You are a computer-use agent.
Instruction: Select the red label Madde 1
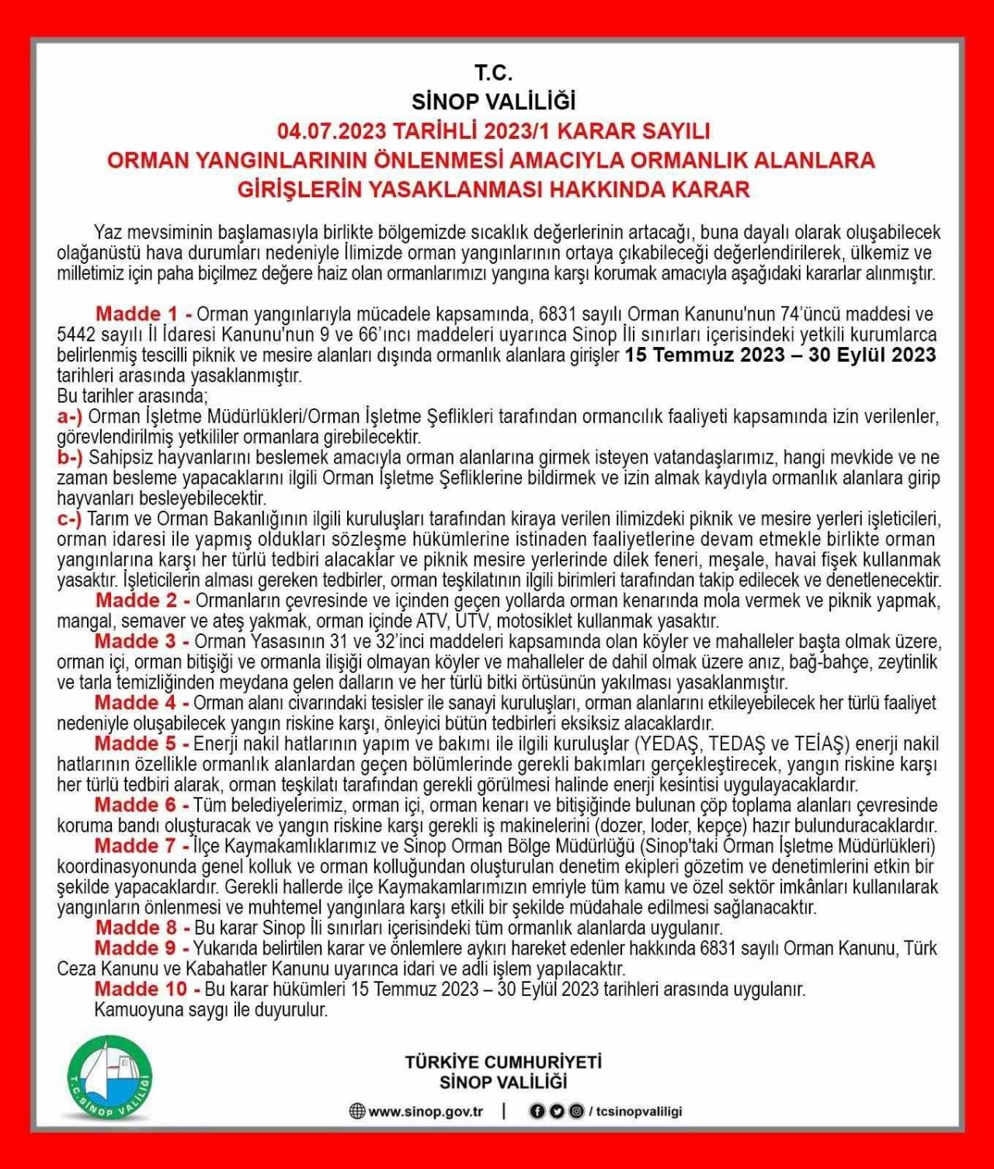(144, 314)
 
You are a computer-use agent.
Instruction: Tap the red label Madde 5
(143, 744)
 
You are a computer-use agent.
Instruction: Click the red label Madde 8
(143, 928)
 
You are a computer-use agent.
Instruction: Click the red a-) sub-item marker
(70, 416)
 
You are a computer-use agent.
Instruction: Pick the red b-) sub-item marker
(70, 457)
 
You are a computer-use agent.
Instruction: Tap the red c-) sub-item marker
(69, 519)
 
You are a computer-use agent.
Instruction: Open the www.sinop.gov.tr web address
(426, 1112)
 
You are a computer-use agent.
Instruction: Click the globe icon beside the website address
(356, 1112)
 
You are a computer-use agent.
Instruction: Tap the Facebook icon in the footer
(536, 1112)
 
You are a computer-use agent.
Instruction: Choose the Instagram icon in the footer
(575, 1112)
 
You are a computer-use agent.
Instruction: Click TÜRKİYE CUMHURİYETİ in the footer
(503, 1062)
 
